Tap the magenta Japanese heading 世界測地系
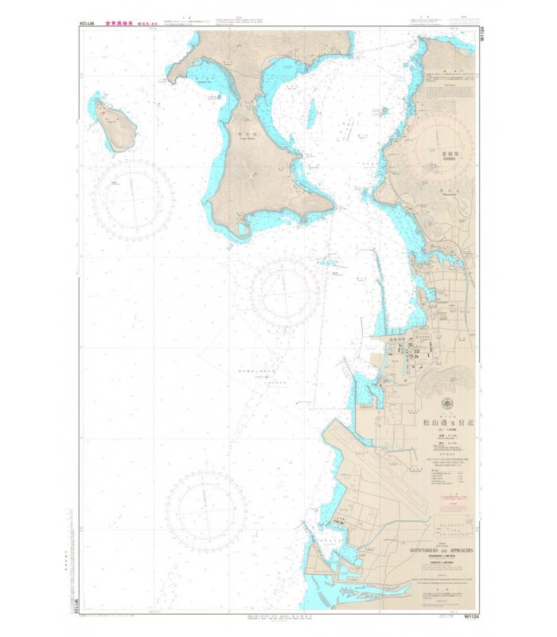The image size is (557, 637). pos(127,25)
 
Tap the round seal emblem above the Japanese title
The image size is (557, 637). pos(446,404)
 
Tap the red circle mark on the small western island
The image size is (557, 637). pos(104,112)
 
